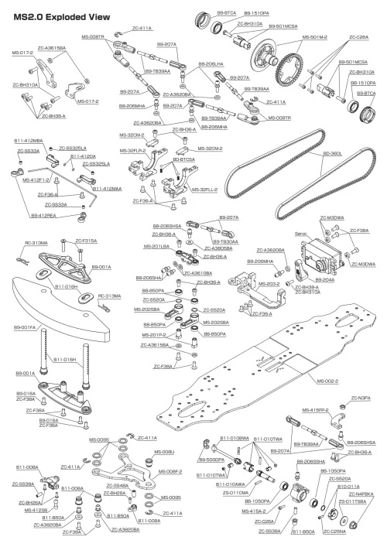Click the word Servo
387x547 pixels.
click(x=303, y=232)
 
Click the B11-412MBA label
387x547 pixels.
click(x=28, y=141)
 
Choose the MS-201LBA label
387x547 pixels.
click(x=157, y=247)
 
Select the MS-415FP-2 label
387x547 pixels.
click(x=315, y=409)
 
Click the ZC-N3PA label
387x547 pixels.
click(x=357, y=398)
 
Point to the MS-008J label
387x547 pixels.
click(x=164, y=451)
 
